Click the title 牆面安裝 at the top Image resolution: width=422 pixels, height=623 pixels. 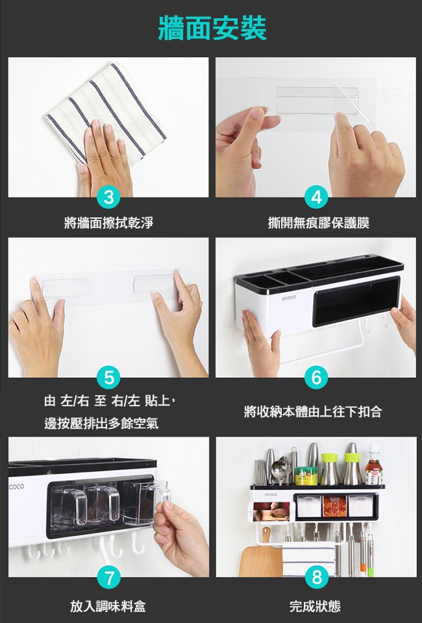212,28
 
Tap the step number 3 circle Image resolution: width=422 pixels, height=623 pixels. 108,197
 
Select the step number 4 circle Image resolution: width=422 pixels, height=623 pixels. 316,197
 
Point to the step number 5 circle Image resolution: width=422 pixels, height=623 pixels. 108,377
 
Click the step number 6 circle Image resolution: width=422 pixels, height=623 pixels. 316,377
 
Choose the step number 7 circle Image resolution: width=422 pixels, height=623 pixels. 108,578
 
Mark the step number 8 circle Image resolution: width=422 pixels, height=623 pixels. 317,578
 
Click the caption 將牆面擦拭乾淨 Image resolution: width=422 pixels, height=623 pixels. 108,223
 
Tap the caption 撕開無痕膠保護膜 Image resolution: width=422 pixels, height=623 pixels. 318,223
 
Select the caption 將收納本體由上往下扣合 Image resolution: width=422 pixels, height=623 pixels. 313,411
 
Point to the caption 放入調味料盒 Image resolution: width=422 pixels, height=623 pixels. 108,606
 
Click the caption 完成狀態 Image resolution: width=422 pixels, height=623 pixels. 315,606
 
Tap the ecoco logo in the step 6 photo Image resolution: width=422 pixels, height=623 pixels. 289,297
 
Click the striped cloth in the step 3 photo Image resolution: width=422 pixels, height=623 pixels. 106,109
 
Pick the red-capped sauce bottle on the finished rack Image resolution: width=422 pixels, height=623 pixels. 373,465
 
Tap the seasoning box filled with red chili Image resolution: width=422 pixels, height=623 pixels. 334,506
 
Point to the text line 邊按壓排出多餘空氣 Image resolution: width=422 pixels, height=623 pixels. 101,424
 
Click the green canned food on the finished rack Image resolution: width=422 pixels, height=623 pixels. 306,476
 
